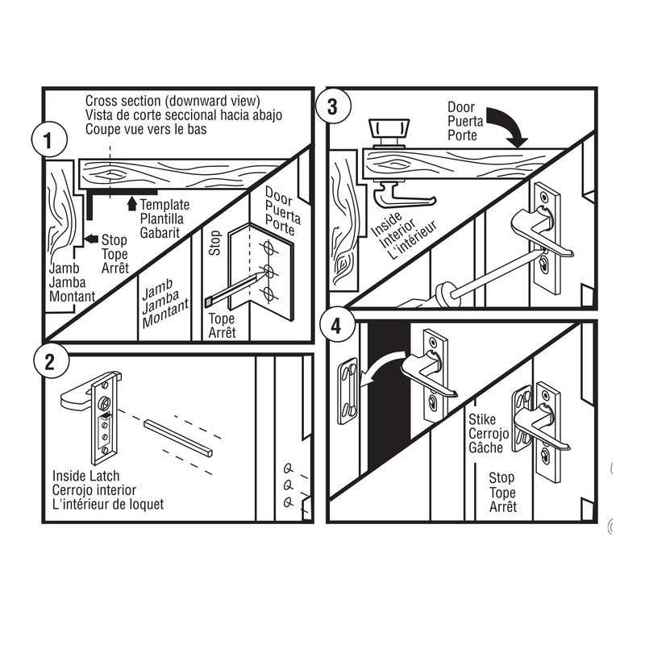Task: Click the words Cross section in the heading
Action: coord(124,101)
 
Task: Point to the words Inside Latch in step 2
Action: coord(85,476)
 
